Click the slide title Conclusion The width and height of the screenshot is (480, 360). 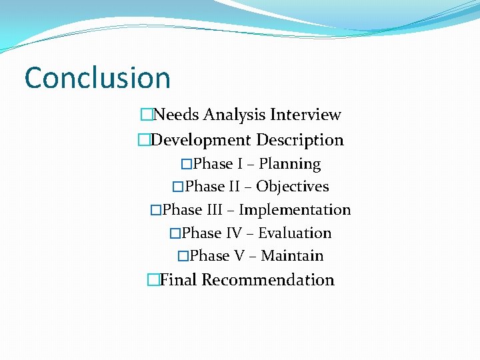pos(97,78)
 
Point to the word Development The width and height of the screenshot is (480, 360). pos(201,140)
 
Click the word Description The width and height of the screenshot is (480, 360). pos(300,140)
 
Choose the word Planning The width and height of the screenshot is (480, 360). pos(289,164)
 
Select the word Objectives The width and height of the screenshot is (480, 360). pos(292,187)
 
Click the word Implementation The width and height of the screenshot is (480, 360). pos(295,210)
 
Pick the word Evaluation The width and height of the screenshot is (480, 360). pos(294,233)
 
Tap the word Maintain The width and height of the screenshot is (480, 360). pos(292,256)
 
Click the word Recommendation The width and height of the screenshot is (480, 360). pos(268,280)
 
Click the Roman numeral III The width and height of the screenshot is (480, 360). pos(214,210)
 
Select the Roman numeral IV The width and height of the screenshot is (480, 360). pos(234,233)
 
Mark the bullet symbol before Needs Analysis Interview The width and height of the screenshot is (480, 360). pos(147,115)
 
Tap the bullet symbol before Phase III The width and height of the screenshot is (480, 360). pos(156,211)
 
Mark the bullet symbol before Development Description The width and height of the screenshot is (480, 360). pos(144,141)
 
